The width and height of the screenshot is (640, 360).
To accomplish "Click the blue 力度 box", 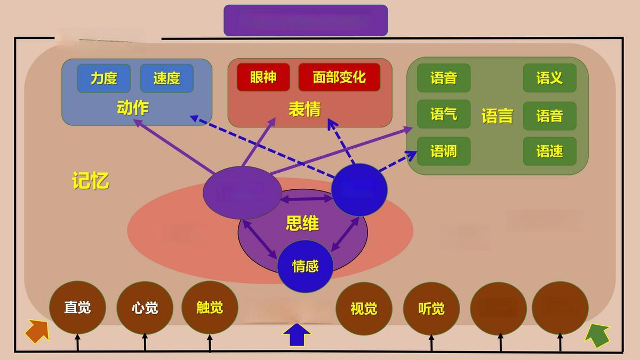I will pyautogui.click(x=103, y=78).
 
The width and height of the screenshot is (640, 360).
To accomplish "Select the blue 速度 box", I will pyautogui.click(x=166, y=78).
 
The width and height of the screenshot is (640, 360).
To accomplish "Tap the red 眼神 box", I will pyautogui.click(x=263, y=77).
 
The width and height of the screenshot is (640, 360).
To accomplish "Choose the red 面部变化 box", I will pyautogui.click(x=339, y=77).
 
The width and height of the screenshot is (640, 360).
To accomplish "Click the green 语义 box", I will pyautogui.click(x=549, y=78).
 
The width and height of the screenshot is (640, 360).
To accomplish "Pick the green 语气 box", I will pyautogui.click(x=443, y=114).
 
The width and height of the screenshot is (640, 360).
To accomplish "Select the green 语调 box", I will pyautogui.click(x=443, y=151).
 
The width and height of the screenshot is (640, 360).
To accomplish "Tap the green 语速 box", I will pyautogui.click(x=549, y=151).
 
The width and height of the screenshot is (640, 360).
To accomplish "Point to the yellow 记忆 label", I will pyautogui.click(x=90, y=181).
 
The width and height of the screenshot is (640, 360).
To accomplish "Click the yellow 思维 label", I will pyautogui.click(x=302, y=223).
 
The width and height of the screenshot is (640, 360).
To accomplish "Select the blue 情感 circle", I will pyautogui.click(x=305, y=266).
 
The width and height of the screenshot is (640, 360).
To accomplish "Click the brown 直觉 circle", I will pyautogui.click(x=77, y=308).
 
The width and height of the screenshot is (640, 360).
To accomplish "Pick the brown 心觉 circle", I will pyautogui.click(x=145, y=308).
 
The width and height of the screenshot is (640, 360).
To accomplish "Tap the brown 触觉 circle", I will pyautogui.click(x=210, y=308).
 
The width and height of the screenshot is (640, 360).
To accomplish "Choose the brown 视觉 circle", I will pyautogui.click(x=364, y=309).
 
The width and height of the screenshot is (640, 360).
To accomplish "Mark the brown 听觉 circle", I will pyautogui.click(x=431, y=309).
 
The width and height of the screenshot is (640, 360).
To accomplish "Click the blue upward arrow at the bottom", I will pyautogui.click(x=296, y=334).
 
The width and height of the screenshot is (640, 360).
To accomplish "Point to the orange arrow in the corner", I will pyautogui.click(x=37, y=331).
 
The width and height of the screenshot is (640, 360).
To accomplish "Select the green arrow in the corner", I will pyautogui.click(x=597, y=335).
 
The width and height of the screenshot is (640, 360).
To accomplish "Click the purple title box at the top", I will pyautogui.click(x=305, y=20).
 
